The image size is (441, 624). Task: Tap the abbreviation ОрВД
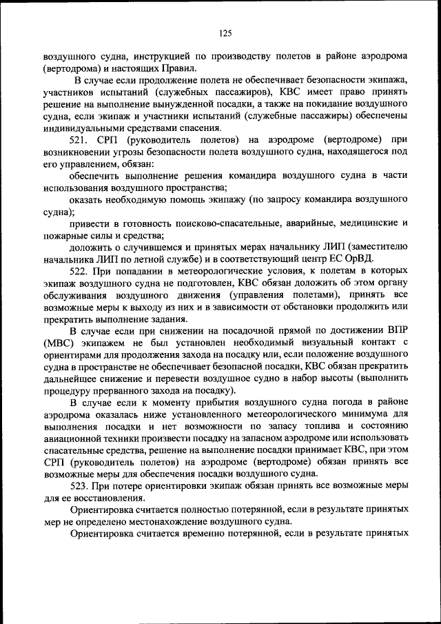(x=358, y=259)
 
